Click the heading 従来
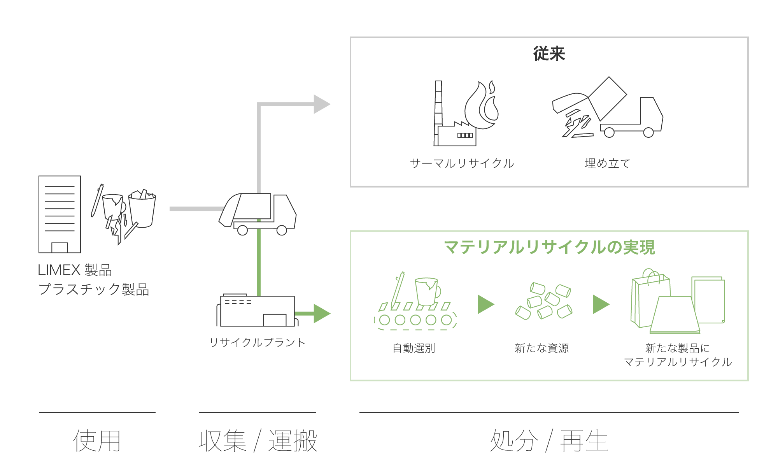coord(549,54)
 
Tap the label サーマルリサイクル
coord(462,163)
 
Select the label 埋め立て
coord(607,163)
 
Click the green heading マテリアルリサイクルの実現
coord(549,248)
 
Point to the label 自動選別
coord(414,348)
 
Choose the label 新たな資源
coord(541,348)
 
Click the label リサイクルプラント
coord(257,342)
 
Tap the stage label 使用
coord(97,441)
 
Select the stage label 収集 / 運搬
coord(258,441)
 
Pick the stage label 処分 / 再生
coord(549,441)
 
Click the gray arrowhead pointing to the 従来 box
coord(321,104)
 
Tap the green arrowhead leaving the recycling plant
coord(321,313)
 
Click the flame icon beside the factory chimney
coord(482,106)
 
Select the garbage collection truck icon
coord(258,213)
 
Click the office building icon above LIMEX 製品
coord(60,214)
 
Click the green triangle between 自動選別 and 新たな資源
coord(485,304)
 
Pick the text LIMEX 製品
coord(75,270)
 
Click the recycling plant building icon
coord(257,311)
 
